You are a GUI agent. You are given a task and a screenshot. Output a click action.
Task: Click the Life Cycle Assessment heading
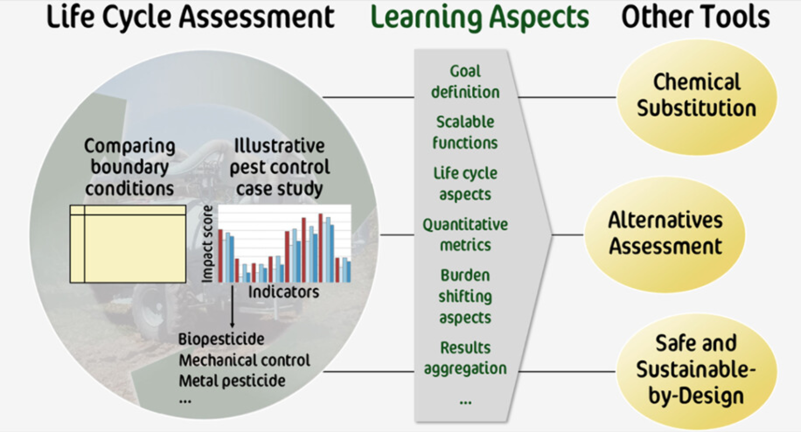190,18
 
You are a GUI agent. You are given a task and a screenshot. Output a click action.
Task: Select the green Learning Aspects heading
480,18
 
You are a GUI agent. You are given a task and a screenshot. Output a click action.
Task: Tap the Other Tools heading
695,18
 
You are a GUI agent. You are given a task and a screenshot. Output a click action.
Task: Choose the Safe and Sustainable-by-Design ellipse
696,370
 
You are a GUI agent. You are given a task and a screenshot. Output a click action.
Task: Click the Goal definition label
465,82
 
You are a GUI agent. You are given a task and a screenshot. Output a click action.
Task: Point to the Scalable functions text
465,132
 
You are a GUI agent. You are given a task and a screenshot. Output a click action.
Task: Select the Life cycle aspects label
465,184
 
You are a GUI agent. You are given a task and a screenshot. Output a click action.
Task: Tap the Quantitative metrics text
465,234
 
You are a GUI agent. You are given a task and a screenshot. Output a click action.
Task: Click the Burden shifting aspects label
465,296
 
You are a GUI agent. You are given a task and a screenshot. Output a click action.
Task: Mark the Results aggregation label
465,358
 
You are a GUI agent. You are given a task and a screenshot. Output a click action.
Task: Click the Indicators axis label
284,292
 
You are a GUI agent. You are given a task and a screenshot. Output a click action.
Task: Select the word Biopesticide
221,339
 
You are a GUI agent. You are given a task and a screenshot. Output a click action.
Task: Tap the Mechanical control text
244,360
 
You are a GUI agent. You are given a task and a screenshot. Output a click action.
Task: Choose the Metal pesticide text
232,381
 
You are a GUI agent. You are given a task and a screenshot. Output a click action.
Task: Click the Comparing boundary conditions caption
129,167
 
